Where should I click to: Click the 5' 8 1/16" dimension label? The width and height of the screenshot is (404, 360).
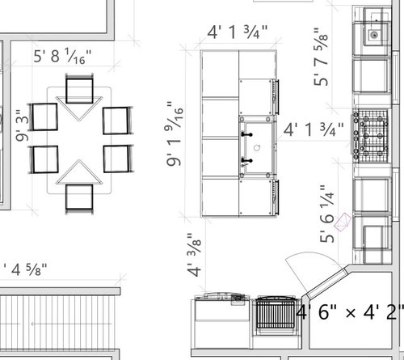click(62, 57)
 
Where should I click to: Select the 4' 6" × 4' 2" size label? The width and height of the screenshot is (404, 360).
click(349, 311)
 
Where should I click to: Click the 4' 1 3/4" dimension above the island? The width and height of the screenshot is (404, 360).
click(238, 33)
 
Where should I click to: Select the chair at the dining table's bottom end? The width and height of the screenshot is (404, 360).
click(79, 197)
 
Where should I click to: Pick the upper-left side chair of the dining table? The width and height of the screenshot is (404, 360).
click(44, 116)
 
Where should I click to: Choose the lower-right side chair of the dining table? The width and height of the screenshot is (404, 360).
click(117, 158)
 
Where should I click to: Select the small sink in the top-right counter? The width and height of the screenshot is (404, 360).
click(374, 36)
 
